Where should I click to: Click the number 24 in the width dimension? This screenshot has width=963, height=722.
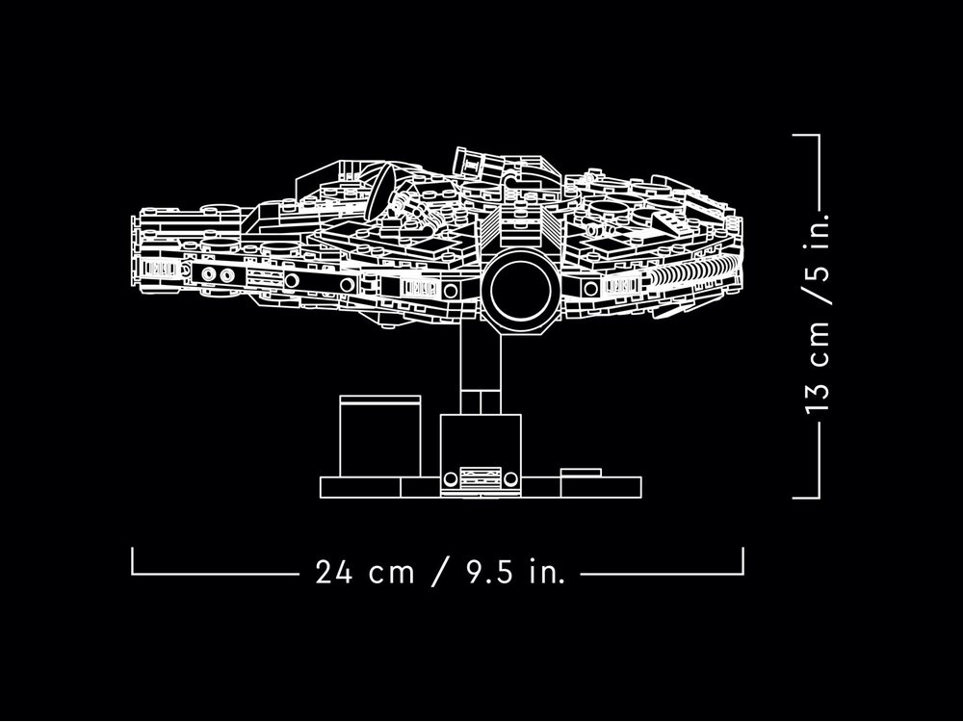click(333, 572)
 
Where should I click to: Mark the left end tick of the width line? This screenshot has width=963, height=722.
click(132, 561)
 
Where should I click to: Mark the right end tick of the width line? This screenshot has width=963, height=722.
click(743, 561)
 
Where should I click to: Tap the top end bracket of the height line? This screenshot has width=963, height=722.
click(806, 135)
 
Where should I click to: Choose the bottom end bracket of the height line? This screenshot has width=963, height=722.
click(806, 498)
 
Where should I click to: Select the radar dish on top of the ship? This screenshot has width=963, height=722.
click(379, 191)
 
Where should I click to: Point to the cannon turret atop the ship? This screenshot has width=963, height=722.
click(479, 164)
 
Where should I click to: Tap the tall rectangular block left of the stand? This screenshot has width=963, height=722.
click(380, 436)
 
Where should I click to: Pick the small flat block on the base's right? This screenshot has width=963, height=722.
click(581, 473)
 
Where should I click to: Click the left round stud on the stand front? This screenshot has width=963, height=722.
click(450, 478)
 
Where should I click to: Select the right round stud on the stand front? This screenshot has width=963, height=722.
click(511, 478)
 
